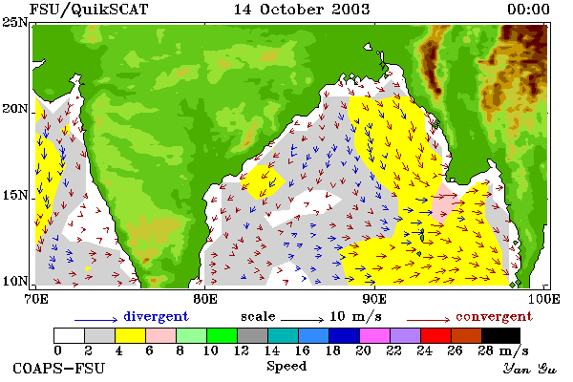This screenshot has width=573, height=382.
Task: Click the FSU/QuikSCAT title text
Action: pos(89,10)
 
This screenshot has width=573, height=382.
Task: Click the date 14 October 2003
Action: pos(302,10)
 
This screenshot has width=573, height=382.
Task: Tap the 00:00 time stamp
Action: pos(528,10)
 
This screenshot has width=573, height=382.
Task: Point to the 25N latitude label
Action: pos(14,23)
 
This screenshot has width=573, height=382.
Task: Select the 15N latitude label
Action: pos(14,195)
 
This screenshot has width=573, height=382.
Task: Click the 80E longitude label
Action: pos(205,299)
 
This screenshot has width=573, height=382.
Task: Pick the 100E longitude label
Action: pos(544,299)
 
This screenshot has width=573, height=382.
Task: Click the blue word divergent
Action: pos(156,316)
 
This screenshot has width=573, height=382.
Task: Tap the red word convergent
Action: pos(494,316)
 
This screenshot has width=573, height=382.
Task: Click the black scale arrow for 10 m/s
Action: pos(302,320)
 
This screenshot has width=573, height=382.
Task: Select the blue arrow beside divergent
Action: pos(96,320)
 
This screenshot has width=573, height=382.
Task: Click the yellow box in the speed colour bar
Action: pos(131,335)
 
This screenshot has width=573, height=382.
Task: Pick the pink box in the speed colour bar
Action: pos(161,335)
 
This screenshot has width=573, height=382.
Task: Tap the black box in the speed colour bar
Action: pos(500,335)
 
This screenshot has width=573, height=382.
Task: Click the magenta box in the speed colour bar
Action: pos(375,335)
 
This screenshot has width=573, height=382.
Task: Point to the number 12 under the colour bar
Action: pos(242,350)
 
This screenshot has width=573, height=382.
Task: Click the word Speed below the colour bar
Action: pos(286,367)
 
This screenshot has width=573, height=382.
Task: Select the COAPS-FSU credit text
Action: pos(59,368)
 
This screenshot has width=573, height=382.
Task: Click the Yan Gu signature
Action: pos(529,369)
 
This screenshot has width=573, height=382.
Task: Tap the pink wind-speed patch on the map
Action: pos(443,202)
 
